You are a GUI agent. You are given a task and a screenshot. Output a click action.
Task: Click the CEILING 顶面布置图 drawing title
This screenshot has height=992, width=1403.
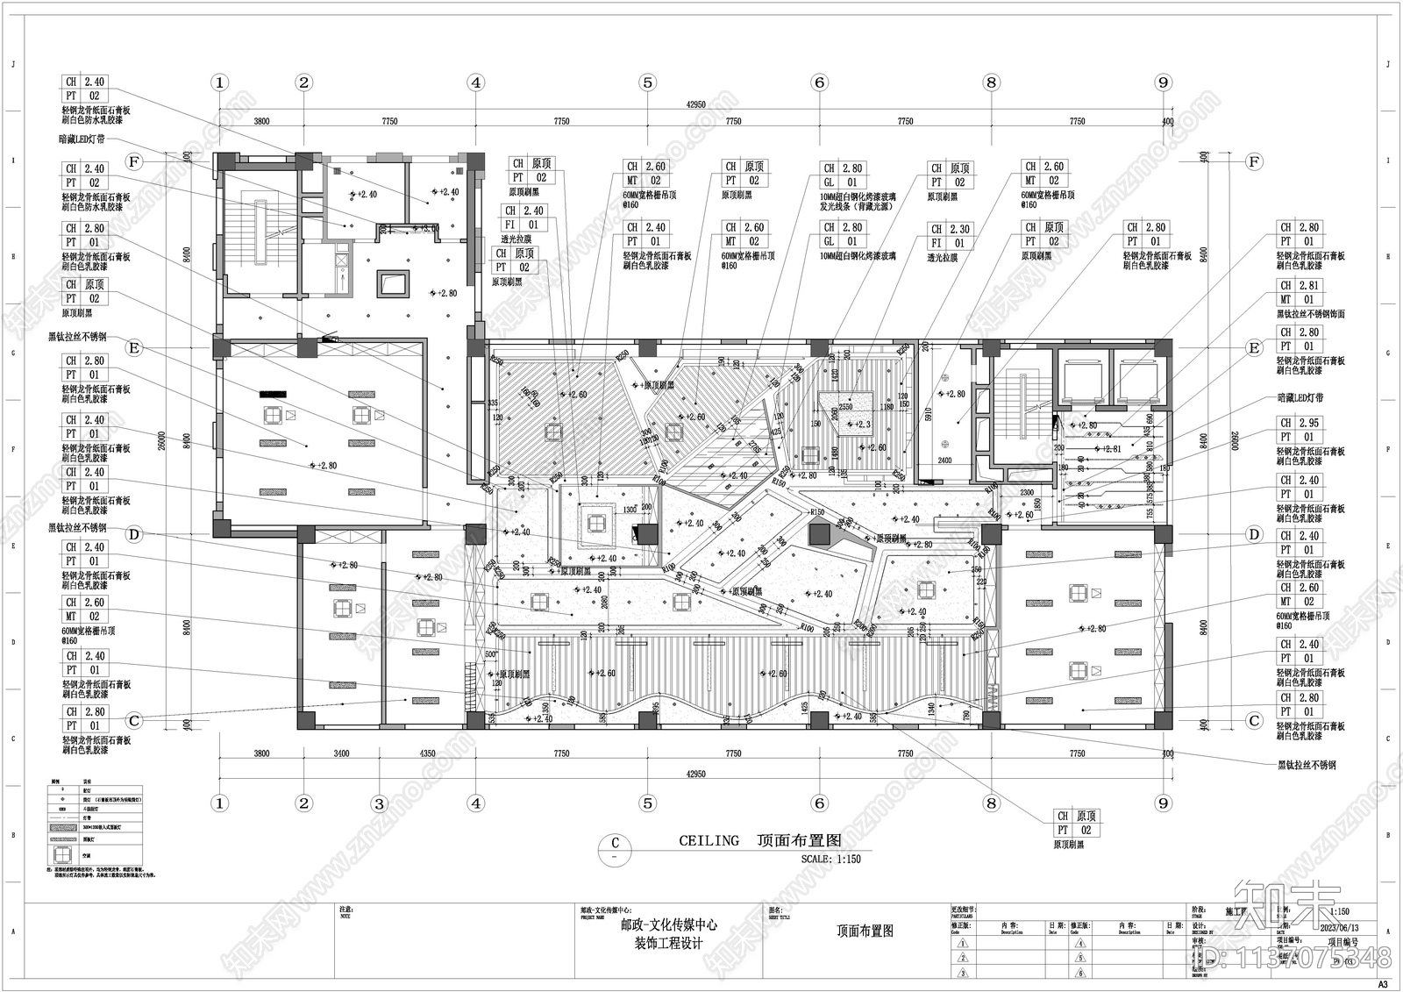pyautogui.click(x=759, y=840)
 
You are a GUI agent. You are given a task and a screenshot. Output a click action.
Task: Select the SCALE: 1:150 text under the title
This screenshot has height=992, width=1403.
pyautogui.click(x=830, y=859)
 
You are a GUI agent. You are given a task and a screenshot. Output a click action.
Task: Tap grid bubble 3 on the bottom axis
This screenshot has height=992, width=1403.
pyautogui.click(x=379, y=803)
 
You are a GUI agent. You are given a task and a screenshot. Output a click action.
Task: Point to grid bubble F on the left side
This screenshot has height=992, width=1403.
pyautogui.click(x=133, y=161)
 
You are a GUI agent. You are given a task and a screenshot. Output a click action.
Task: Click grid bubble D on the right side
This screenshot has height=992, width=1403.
pyautogui.click(x=1254, y=534)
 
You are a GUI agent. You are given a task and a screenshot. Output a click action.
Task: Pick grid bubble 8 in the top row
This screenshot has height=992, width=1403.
pyautogui.click(x=991, y=82)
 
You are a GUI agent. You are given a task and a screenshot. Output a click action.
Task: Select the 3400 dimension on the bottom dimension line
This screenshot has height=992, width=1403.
pyautogui.click(x=341, y=753)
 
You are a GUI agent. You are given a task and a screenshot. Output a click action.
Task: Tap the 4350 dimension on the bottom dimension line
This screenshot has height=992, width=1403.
pyautogui.click(x=427, y=753)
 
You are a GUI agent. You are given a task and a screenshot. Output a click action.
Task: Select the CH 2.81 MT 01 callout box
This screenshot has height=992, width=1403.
pyautogui.click(x=1299, y=292)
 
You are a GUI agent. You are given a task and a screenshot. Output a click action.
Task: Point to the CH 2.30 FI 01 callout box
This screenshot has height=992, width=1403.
pyautogui.click(x=950, y=236)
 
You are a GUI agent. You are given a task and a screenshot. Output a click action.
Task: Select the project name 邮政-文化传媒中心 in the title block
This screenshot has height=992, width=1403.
pyautogui.click(x=669, y=924)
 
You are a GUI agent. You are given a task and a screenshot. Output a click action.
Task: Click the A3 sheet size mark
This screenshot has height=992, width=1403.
pyautogui.click(x=1384, y=984)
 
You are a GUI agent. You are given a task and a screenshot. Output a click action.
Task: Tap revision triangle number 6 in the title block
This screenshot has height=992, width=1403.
pyautogui.click(x=1080, y=973)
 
